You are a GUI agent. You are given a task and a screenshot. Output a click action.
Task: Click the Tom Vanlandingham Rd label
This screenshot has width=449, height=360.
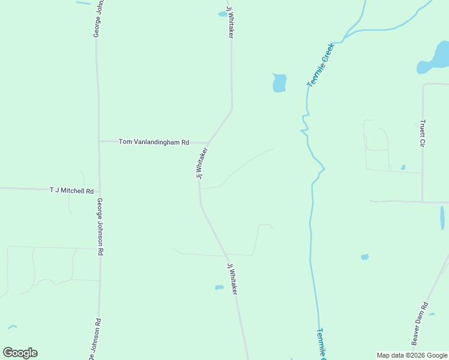pos(154,142)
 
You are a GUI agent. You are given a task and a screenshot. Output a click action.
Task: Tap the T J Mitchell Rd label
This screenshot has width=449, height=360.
pos(71,191)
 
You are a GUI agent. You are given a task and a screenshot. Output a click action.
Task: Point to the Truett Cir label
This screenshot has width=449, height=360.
pos(423,134)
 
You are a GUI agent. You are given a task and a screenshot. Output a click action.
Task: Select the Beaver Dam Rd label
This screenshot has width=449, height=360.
pos(420,323)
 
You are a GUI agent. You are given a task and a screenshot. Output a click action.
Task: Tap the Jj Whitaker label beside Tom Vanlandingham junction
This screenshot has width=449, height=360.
pos(202,163)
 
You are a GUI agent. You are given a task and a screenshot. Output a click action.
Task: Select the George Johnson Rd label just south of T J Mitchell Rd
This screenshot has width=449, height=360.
pos(100,227)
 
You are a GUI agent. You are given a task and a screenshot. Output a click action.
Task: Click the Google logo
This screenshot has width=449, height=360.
pos(20,353)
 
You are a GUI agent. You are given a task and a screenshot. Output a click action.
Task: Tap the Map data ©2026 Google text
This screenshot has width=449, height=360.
pos(412,355)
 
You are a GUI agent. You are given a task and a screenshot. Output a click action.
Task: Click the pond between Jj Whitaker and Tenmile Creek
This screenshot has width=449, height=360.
pos(279,83)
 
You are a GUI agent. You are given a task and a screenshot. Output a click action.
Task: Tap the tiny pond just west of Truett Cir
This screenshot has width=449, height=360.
pos(403,167)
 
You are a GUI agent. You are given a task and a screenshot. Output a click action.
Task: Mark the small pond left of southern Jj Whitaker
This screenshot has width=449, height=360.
pos(219,287)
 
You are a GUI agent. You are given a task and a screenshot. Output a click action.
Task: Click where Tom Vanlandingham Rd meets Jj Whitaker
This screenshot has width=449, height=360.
pos(208,143)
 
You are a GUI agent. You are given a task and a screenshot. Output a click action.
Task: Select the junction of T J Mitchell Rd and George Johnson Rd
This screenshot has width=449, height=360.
pos(100,191)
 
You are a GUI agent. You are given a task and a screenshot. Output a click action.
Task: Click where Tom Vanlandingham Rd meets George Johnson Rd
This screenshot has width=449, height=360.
pos(100,142)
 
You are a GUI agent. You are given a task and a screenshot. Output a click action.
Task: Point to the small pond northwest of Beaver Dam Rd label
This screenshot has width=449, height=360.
pos(364,257)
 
